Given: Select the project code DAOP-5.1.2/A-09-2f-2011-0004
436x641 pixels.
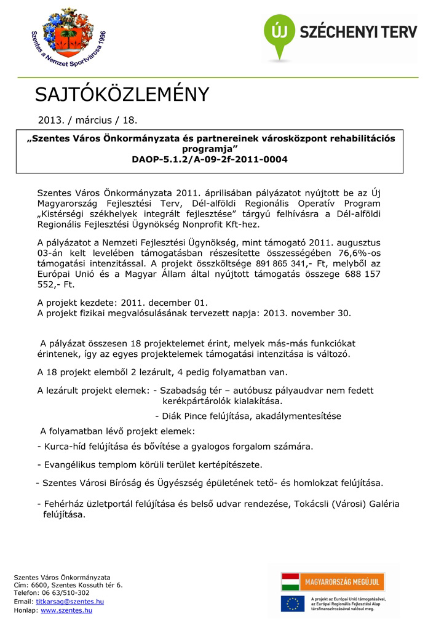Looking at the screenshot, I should pos(209,159).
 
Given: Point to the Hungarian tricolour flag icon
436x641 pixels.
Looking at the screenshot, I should pos(290,581).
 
